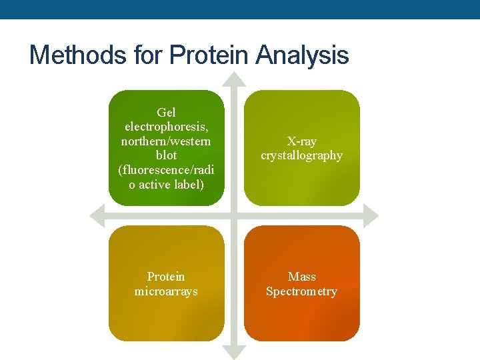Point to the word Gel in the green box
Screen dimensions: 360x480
[166, 113]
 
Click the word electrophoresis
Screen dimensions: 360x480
[166, 127]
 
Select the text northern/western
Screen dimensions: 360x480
[166, 141]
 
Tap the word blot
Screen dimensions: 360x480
[166, 155]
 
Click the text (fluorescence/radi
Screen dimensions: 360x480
[166, 170]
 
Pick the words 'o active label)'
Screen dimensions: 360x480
[166, 185]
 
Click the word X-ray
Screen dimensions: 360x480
[301, 141]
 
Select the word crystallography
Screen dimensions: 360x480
[301, 155]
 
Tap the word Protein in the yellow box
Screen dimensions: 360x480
[166, 277]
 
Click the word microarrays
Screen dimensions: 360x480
[166, 291]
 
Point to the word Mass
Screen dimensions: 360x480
[301, 277]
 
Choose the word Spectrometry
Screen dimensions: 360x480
[301, 291]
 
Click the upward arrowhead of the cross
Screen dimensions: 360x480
[233, 79]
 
